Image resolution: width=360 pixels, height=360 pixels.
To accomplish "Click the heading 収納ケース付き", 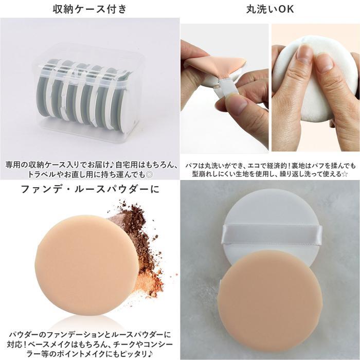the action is [90, 9].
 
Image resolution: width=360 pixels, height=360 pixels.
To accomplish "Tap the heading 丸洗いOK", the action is [270, 9].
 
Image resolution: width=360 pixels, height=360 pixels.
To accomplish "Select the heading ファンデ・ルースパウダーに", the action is [90, 189].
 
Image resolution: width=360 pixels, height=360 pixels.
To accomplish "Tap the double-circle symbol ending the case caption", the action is [149, 175].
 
